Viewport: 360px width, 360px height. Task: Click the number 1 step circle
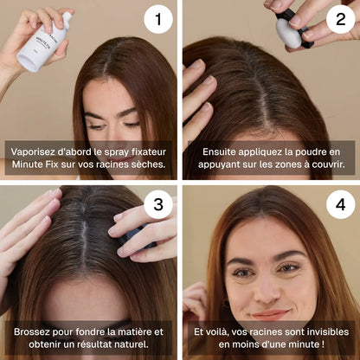[x=158, y=19]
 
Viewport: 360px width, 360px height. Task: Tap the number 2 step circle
[x=341, y=19]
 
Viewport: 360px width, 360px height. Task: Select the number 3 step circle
[x=158, y=204]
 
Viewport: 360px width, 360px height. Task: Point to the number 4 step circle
[x=341, y=204]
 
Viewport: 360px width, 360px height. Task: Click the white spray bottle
[x=43, y=43]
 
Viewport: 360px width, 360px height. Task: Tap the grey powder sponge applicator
[x=289, y=32]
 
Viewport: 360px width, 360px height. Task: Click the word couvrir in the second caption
[x=328, y=164]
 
